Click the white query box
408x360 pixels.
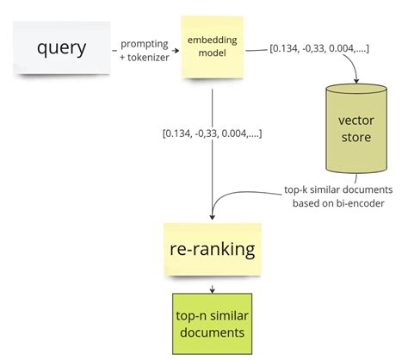[59, 48]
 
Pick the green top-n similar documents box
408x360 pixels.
[211, 320]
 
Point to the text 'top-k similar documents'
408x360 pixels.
[338, 189]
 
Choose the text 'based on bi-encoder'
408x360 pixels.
[338, 202]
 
